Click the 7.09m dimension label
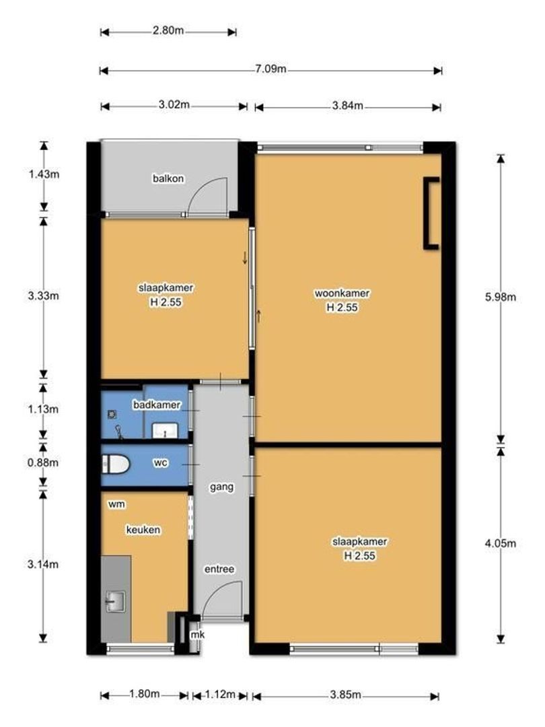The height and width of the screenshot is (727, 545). pos(270,69)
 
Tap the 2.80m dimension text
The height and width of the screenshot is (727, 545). pos(168,30)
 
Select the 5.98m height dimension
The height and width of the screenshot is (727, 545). pos(501,297)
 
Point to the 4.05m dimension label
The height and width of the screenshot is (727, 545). pos(501,543)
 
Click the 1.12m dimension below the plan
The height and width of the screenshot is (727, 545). pos(220,694)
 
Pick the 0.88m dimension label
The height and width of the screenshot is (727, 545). pos(42,462)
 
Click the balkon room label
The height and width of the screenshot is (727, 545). pos(168,178)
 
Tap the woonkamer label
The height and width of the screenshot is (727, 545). pos(342,293)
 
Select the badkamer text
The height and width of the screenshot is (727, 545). pos(157,405)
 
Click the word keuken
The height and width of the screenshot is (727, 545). pos(143,530)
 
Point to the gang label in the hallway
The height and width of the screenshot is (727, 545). pos(221,487)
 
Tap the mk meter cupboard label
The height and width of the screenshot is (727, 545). pos(197,635)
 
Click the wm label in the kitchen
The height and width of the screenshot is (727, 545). pos(116,504)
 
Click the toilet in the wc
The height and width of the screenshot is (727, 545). pos(116,464)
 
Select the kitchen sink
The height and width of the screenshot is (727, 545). pos(116,601)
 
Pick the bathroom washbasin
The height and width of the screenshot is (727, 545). pos(165,431)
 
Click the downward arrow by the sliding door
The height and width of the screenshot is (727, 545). pos(245,258)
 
